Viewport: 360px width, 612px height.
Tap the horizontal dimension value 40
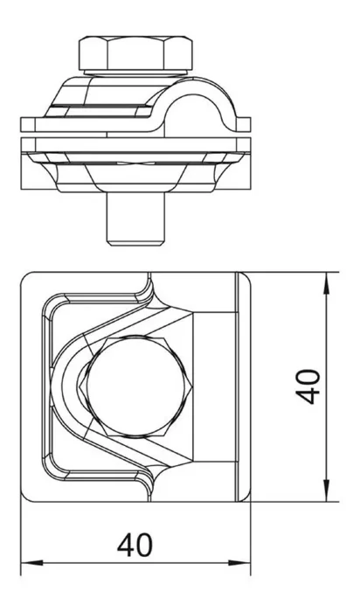[135, 546]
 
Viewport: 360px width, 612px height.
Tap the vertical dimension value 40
[308, 386]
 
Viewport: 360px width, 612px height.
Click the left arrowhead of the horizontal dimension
[31, 563]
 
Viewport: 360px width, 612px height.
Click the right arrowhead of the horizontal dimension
[239, 563]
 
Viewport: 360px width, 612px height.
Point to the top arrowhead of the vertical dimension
[327, 282]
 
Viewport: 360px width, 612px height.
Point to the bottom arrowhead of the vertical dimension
[327, 490]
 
